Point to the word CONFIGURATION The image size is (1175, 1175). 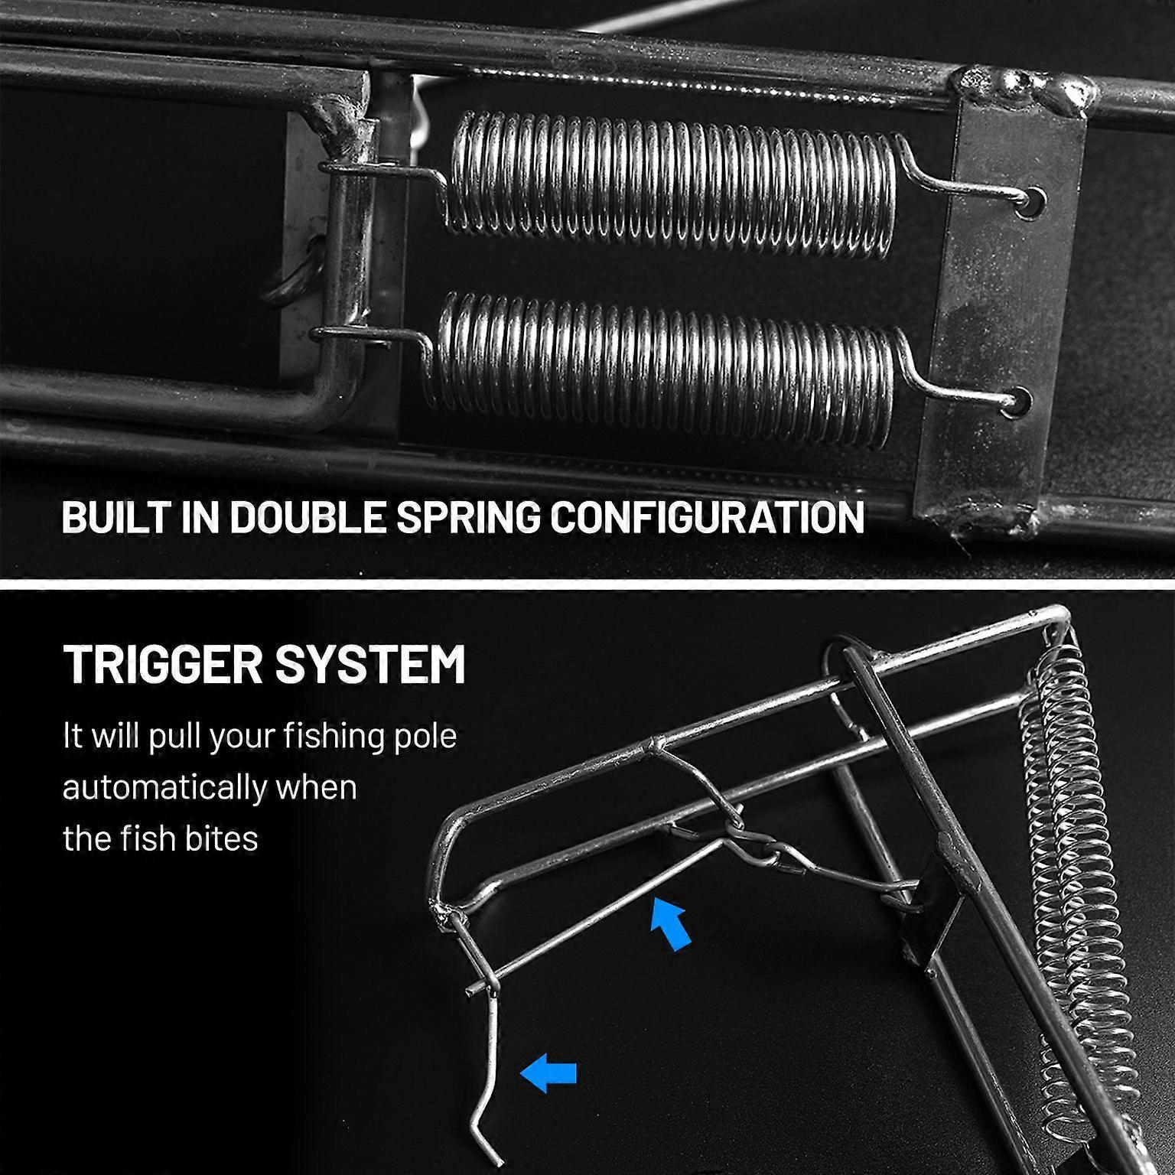708,517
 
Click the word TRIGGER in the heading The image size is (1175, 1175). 163,663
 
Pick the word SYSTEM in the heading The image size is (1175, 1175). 370,663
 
